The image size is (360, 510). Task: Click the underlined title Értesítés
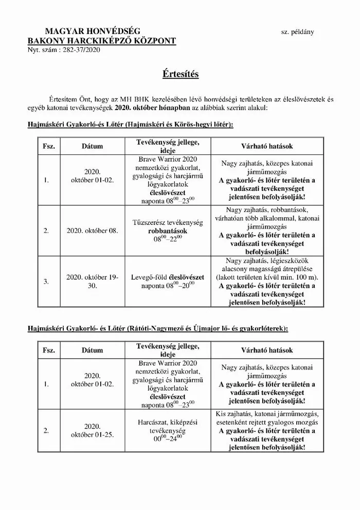(179, 75)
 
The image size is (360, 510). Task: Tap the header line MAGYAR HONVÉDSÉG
(93, 32)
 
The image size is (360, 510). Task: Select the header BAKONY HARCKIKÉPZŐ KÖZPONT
(102, 41)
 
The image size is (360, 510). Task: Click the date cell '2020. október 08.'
(93, 231)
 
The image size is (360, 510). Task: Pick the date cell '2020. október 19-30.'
(93, 281)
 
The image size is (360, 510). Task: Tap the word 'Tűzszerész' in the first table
(155, 222)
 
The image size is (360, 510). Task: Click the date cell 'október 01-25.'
(93, 434)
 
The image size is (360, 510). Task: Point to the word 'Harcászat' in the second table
(154, 421)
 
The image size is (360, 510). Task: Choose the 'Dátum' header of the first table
(93, 146)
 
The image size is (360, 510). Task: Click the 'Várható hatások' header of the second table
(267, 350)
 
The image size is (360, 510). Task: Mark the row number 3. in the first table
(46, 281)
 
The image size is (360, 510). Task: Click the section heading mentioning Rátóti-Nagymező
(159, 327)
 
